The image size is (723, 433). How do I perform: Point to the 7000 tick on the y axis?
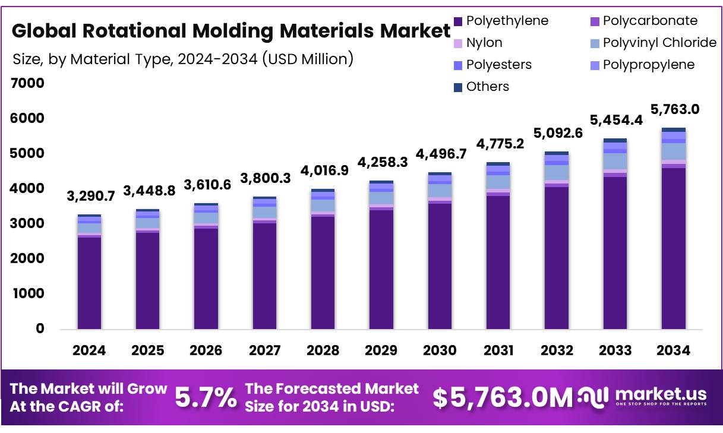click(x=28, y=83)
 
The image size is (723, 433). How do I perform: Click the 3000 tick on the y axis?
click(x=28, y=223)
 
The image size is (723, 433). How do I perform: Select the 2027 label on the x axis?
click(x=265, y=350)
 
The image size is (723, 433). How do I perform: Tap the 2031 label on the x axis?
click(x=498, y=350)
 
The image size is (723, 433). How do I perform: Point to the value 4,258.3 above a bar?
click(x=382, y=162)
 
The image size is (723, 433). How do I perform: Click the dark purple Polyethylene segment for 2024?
click(x=89, y=283)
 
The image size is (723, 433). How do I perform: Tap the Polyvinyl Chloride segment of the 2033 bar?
click(x=615, y=161)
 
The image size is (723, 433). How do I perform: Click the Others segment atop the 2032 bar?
click(x=557, y=153)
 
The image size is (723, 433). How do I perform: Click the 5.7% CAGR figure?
click(x=206, y=398)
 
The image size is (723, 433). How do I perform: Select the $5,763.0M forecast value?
click(x=502, y=398)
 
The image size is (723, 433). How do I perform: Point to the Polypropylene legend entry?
click(x=648, y=65)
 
